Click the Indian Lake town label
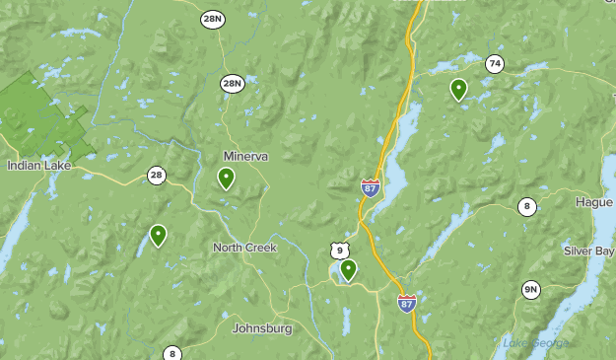pyautogui.click(x=38, y=166)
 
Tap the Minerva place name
pyautogui.click(x=245, y=157)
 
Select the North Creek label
pyautogui.click(x=244, y=248)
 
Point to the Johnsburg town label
pyautogui.click(x=261, y=328)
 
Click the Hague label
pyautogui.click(x=593, y=202)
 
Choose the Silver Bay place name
pyautogui.click(x=588, y=251)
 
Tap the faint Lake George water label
pyautogui.click(x=537, y=343)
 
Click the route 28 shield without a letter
pyautogui.click(x=157, y=176)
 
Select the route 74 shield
pyautogui.click(x=495, y=63)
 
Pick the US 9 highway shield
pyautogui.click(x=340, y=251)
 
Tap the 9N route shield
pyautogui.click(x=531, y=289)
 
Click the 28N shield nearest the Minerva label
pyautogui.click(x=232, y=83)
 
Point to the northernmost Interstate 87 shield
pyautogui.click(x=371, y=187)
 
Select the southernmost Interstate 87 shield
pyautogui.click(x=407, y=303)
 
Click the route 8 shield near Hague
pyautogui.click(x=528, y=206)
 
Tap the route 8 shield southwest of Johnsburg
pyautogui.click(x=171, y=353)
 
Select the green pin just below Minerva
pyautogui.click(x=226, y=178)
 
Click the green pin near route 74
pyautogui.click(x=458, y=89)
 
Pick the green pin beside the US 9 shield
pyautogui.click(x=348, y=269)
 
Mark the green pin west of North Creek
pyautogui.click(x=158, y=235)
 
